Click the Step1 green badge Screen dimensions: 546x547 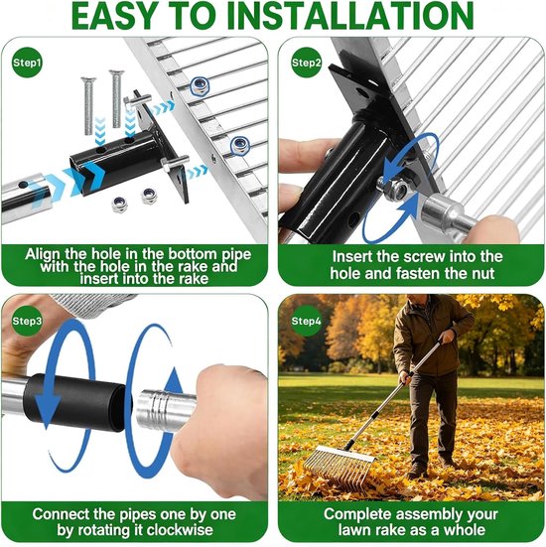(x=27, y=63)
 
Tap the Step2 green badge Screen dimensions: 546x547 (x=306, y=63)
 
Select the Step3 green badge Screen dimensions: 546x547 (x=27, y=321)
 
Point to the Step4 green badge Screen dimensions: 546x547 (x=306, y=321)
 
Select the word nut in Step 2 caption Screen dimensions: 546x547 (x=483, y=274)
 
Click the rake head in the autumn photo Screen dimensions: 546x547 (x=339, y=466)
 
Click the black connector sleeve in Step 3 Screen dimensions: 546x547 (x=76, y=402)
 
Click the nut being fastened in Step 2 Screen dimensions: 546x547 (x=399, y=191)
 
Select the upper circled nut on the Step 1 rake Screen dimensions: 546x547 (x=200, y=85)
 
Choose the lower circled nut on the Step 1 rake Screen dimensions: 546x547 (x=240, y=145)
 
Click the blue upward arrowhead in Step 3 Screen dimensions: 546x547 (x=174, y=382)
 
